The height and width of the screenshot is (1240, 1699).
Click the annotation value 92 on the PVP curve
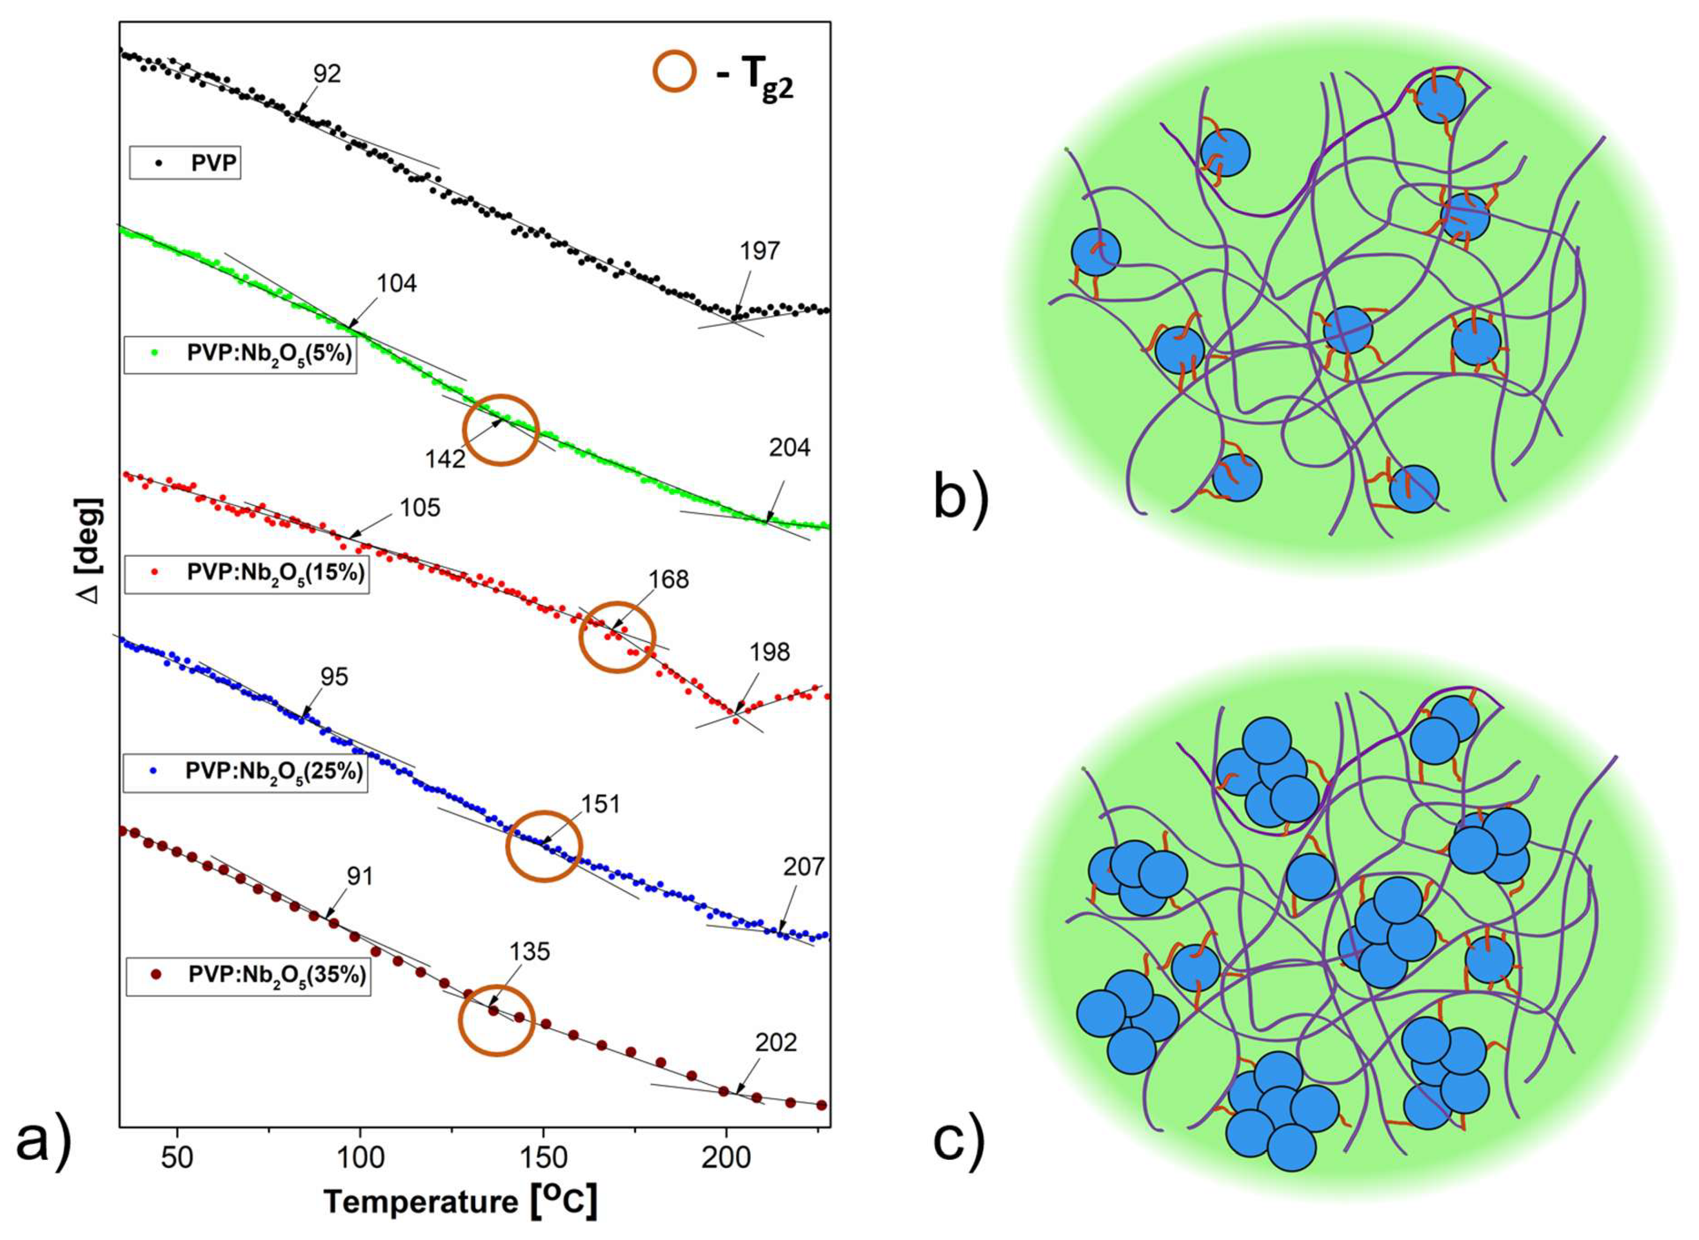click(x=327, y=73)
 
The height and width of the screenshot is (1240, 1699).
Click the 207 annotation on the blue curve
click(x=803, y=867)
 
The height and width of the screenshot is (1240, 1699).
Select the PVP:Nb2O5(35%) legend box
click(x=248, y=975)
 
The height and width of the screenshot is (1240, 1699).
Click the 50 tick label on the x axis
click(x=177, y=1157)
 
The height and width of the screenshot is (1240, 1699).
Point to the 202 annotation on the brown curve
click(x=776, y=1042)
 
